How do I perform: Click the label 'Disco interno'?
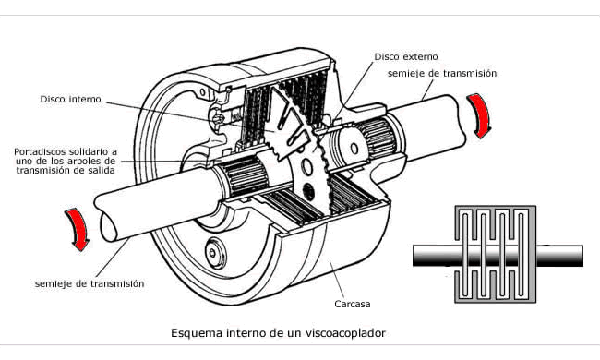(71, 99)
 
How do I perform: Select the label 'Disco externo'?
(406, 56)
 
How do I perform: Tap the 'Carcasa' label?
(353, 304)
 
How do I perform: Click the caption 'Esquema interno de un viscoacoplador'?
(278, 333)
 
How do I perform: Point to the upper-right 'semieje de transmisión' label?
(442, 73)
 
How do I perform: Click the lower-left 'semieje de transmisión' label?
(90, 284)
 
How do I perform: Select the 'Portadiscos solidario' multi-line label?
(66, 161)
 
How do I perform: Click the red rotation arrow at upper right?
(481, 114)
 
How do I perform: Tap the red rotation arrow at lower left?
(78, 229)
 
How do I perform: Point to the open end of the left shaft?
(109, 227)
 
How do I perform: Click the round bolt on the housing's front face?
(212, 252)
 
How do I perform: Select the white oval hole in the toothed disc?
(306, 167)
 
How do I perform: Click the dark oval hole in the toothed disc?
(308, 192)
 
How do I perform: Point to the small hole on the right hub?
(354, 149)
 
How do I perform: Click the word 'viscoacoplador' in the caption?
(345, 333)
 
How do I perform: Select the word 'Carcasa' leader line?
(337, 280)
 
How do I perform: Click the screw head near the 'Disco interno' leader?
(218, 118)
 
